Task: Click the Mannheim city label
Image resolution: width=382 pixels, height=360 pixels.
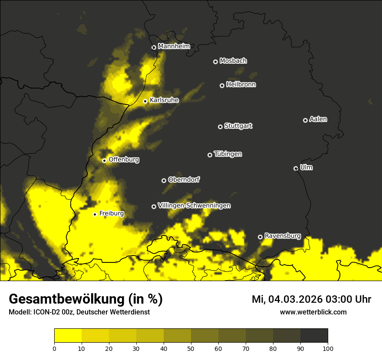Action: coord(174,46)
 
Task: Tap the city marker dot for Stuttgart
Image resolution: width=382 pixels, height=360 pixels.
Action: coord(220,127)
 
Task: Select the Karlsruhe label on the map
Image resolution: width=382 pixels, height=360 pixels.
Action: coord(164,100)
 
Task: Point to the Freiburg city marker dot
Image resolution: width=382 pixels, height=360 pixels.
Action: coord(95,214)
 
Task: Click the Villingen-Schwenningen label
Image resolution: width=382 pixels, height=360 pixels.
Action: coord(194,206)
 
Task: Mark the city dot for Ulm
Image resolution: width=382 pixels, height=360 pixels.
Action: coord(296,168)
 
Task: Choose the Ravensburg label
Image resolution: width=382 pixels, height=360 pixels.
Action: coord(282,236)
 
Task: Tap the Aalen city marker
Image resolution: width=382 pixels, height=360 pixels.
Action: coord(305,120)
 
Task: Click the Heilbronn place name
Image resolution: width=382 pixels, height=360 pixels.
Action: coord(241,85)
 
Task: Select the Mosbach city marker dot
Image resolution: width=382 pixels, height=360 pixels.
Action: coord(215,62)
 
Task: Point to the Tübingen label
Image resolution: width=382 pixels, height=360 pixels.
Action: coord(228,154)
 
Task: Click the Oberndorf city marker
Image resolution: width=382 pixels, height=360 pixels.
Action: coord(164,180)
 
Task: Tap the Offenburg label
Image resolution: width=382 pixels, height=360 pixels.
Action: coord(124,160)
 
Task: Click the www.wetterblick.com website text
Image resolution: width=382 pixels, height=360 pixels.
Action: coord(313,312)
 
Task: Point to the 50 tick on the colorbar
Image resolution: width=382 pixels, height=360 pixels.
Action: coord(191,348)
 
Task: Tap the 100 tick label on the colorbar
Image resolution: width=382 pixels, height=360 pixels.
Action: coord(328,348)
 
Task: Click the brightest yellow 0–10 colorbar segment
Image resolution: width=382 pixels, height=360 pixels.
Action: coord(68,336)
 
